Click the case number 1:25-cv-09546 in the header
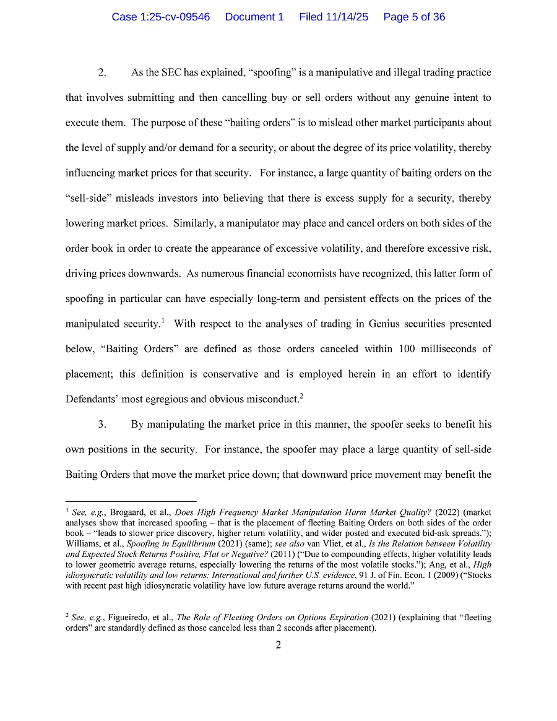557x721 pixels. [x=160, y=17]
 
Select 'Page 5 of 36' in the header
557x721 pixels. [x=414, y=17]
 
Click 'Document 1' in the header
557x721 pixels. [x=254, y=17]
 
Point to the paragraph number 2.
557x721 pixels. [x=102, y=72]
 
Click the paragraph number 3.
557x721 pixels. [x=102, y=425]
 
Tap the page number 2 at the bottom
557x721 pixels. [x=278, y=645]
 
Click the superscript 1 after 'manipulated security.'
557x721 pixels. [x=162, y=321]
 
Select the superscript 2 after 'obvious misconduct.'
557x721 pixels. [x=301, y=395]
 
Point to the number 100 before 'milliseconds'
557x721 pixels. [x=407, y=349]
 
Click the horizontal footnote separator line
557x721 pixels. [x=131, y=501]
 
